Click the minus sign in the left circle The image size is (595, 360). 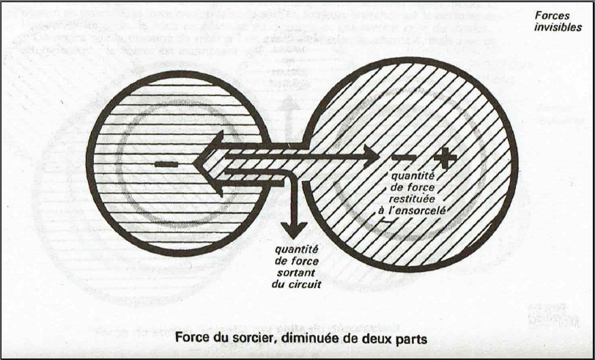(166, 164)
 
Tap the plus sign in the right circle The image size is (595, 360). (445, 157)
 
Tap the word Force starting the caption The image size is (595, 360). (193, 340)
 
